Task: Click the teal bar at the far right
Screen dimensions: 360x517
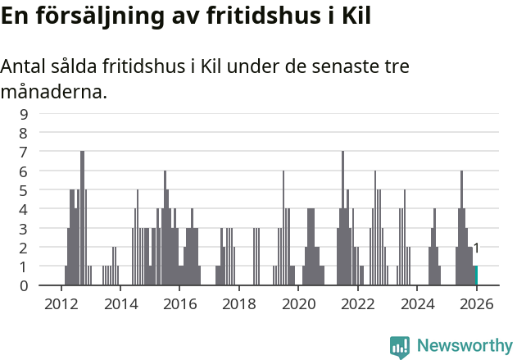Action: click(475, 276)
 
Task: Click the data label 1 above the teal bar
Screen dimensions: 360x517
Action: click(476, 248)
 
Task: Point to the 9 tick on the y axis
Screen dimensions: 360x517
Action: click(24, 114)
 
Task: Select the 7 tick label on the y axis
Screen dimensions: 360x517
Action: click(24, 152)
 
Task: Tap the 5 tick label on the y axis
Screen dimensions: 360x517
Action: click(24, 190)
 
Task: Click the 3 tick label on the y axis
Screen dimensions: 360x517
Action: click(24, 228)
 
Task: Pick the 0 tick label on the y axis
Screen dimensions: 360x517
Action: click(24, 285)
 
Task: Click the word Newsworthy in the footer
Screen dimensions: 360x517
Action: click(465, 346)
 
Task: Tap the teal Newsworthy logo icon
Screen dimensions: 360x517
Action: click(400, 347)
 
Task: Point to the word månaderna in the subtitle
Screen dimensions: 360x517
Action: click(53, 92)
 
